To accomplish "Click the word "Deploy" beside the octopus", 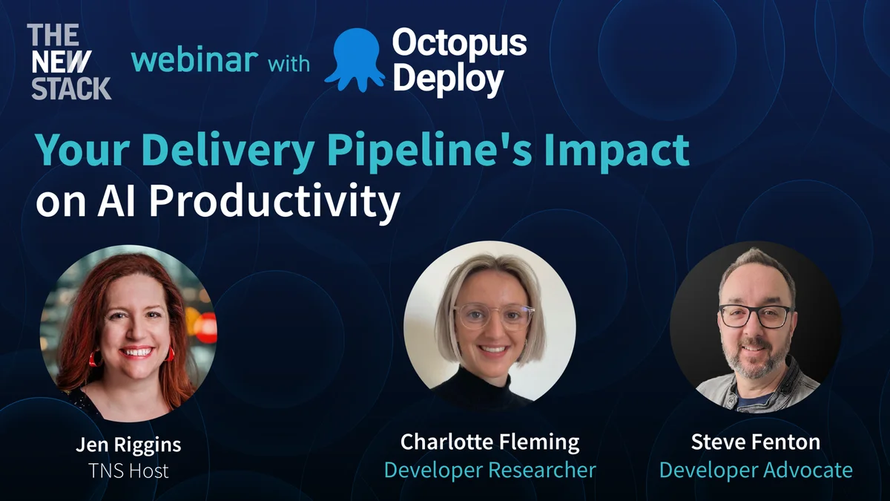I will point(448,79).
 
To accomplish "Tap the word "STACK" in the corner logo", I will point(71,88).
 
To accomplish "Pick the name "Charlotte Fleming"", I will point(489,442).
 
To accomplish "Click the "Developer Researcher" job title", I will point(489,470).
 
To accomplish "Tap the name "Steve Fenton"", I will point(755,442).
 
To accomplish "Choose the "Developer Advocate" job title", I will point(755,470).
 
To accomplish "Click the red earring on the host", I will point(94,358).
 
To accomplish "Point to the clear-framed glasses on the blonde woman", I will point(493,315).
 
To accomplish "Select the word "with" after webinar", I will point(289,64).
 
